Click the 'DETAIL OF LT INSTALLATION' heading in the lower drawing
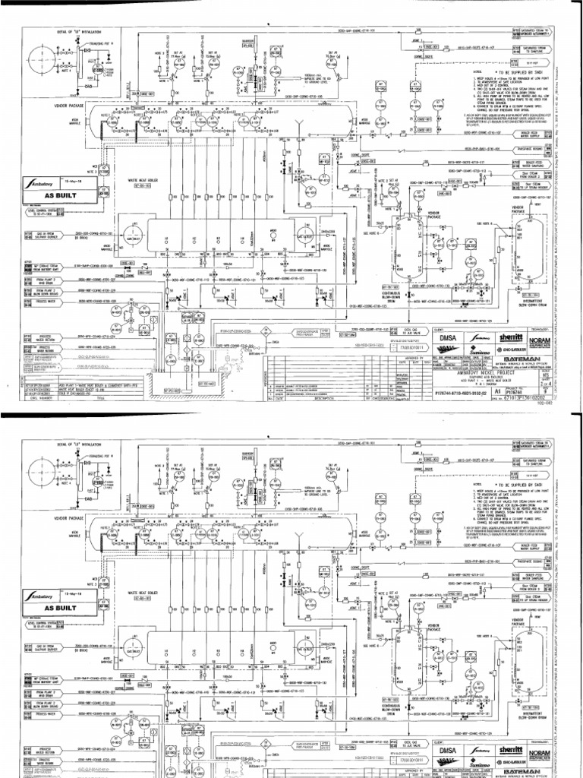coord(58,441)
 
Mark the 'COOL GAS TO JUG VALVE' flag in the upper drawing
coord(408,330)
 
